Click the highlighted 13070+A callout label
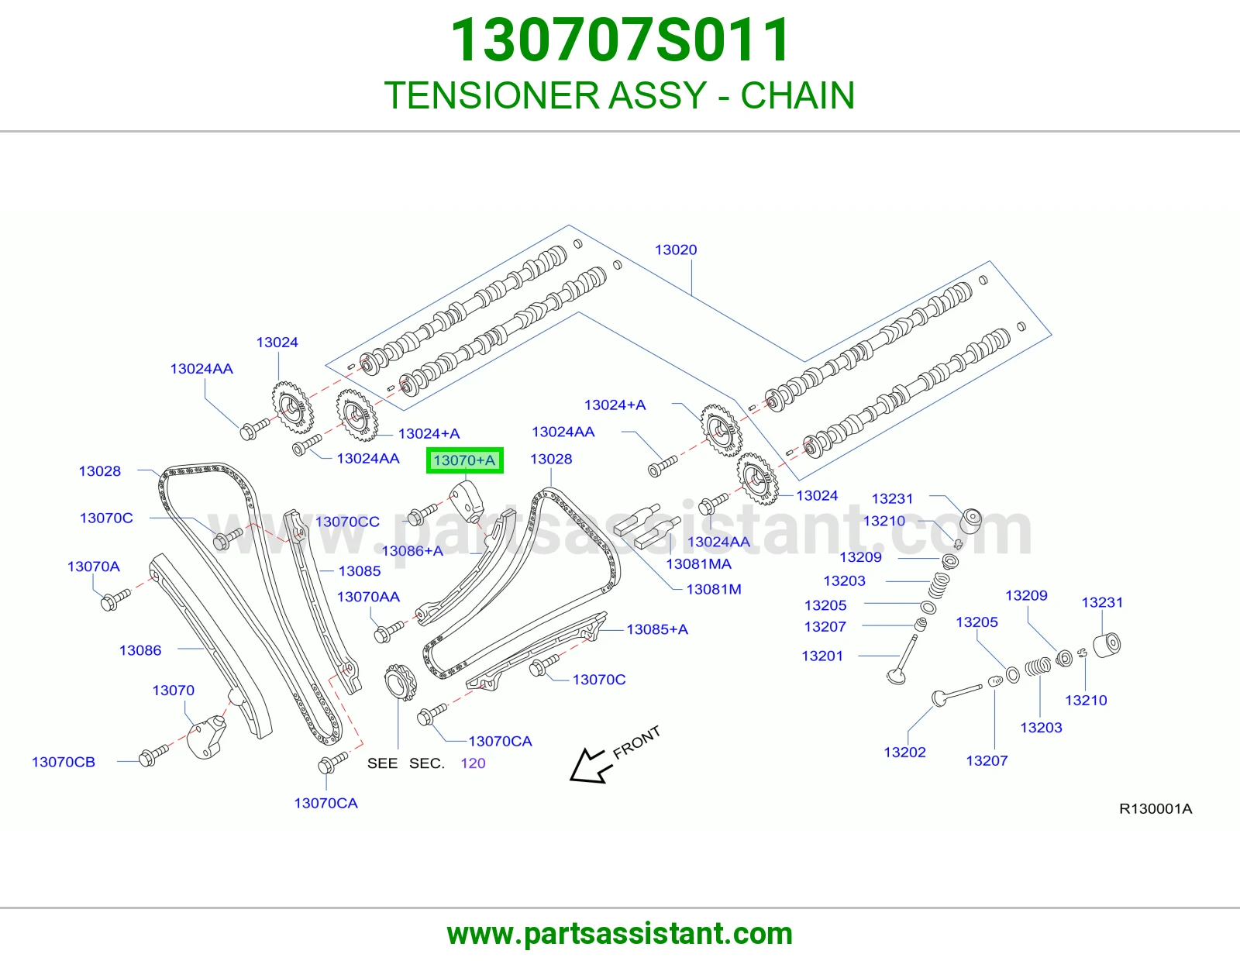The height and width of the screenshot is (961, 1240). (464, 460)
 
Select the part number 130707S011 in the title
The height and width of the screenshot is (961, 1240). (620, 40)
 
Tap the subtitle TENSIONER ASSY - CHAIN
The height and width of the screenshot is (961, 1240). (620, 95)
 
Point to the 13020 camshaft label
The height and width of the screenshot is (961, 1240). (676, 250)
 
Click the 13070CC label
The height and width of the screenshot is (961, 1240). (347, 522)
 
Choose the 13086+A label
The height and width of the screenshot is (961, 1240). (412, 551)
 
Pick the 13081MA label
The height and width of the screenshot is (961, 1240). (698, 564)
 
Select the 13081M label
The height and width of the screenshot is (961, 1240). (713, 589)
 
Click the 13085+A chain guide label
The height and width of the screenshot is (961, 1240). (656, 629)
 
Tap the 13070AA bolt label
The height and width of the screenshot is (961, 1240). (368, 596)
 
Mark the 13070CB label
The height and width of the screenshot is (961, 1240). (64, 762)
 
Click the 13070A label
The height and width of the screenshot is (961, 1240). (94, 566)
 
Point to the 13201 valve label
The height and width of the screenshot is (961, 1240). (821, 656)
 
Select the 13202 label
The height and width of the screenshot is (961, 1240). (904, 752)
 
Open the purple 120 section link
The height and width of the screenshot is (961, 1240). (473, 763)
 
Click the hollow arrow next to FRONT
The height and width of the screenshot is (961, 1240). (591, 766)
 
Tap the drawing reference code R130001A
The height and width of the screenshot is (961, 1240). (1156, 808)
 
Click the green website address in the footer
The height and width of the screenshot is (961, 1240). (620, 934)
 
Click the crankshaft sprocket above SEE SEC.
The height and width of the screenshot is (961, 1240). (401, 681)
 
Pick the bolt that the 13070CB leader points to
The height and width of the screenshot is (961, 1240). (153, 755)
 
